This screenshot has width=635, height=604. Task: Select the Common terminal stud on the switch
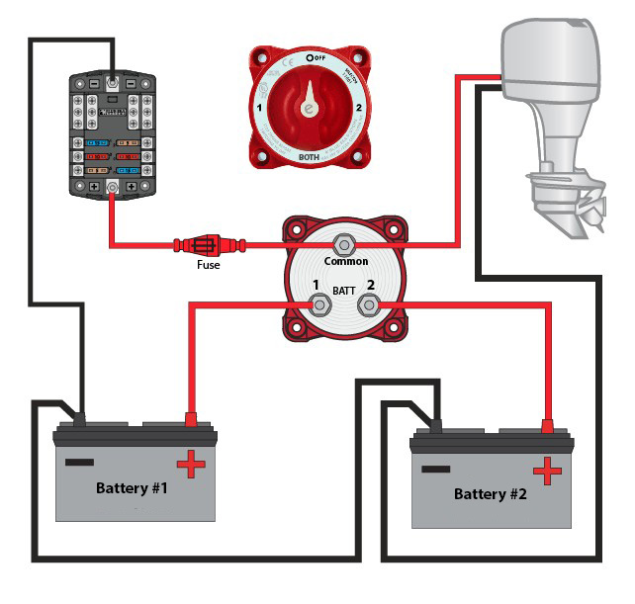(x=345, y=243)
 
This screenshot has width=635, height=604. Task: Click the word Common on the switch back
(x=346, y=262)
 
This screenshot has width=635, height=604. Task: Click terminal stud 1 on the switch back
(x=319, y=304)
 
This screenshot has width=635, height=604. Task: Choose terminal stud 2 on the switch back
(x=370, y=305)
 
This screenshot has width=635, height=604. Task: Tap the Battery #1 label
(x=135, y=488)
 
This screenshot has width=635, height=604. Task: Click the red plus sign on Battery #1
(x=191, y=462)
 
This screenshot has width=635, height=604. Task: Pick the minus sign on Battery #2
(x=435, y=467)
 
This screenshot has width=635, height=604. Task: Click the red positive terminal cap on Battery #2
(x=547, y=426)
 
